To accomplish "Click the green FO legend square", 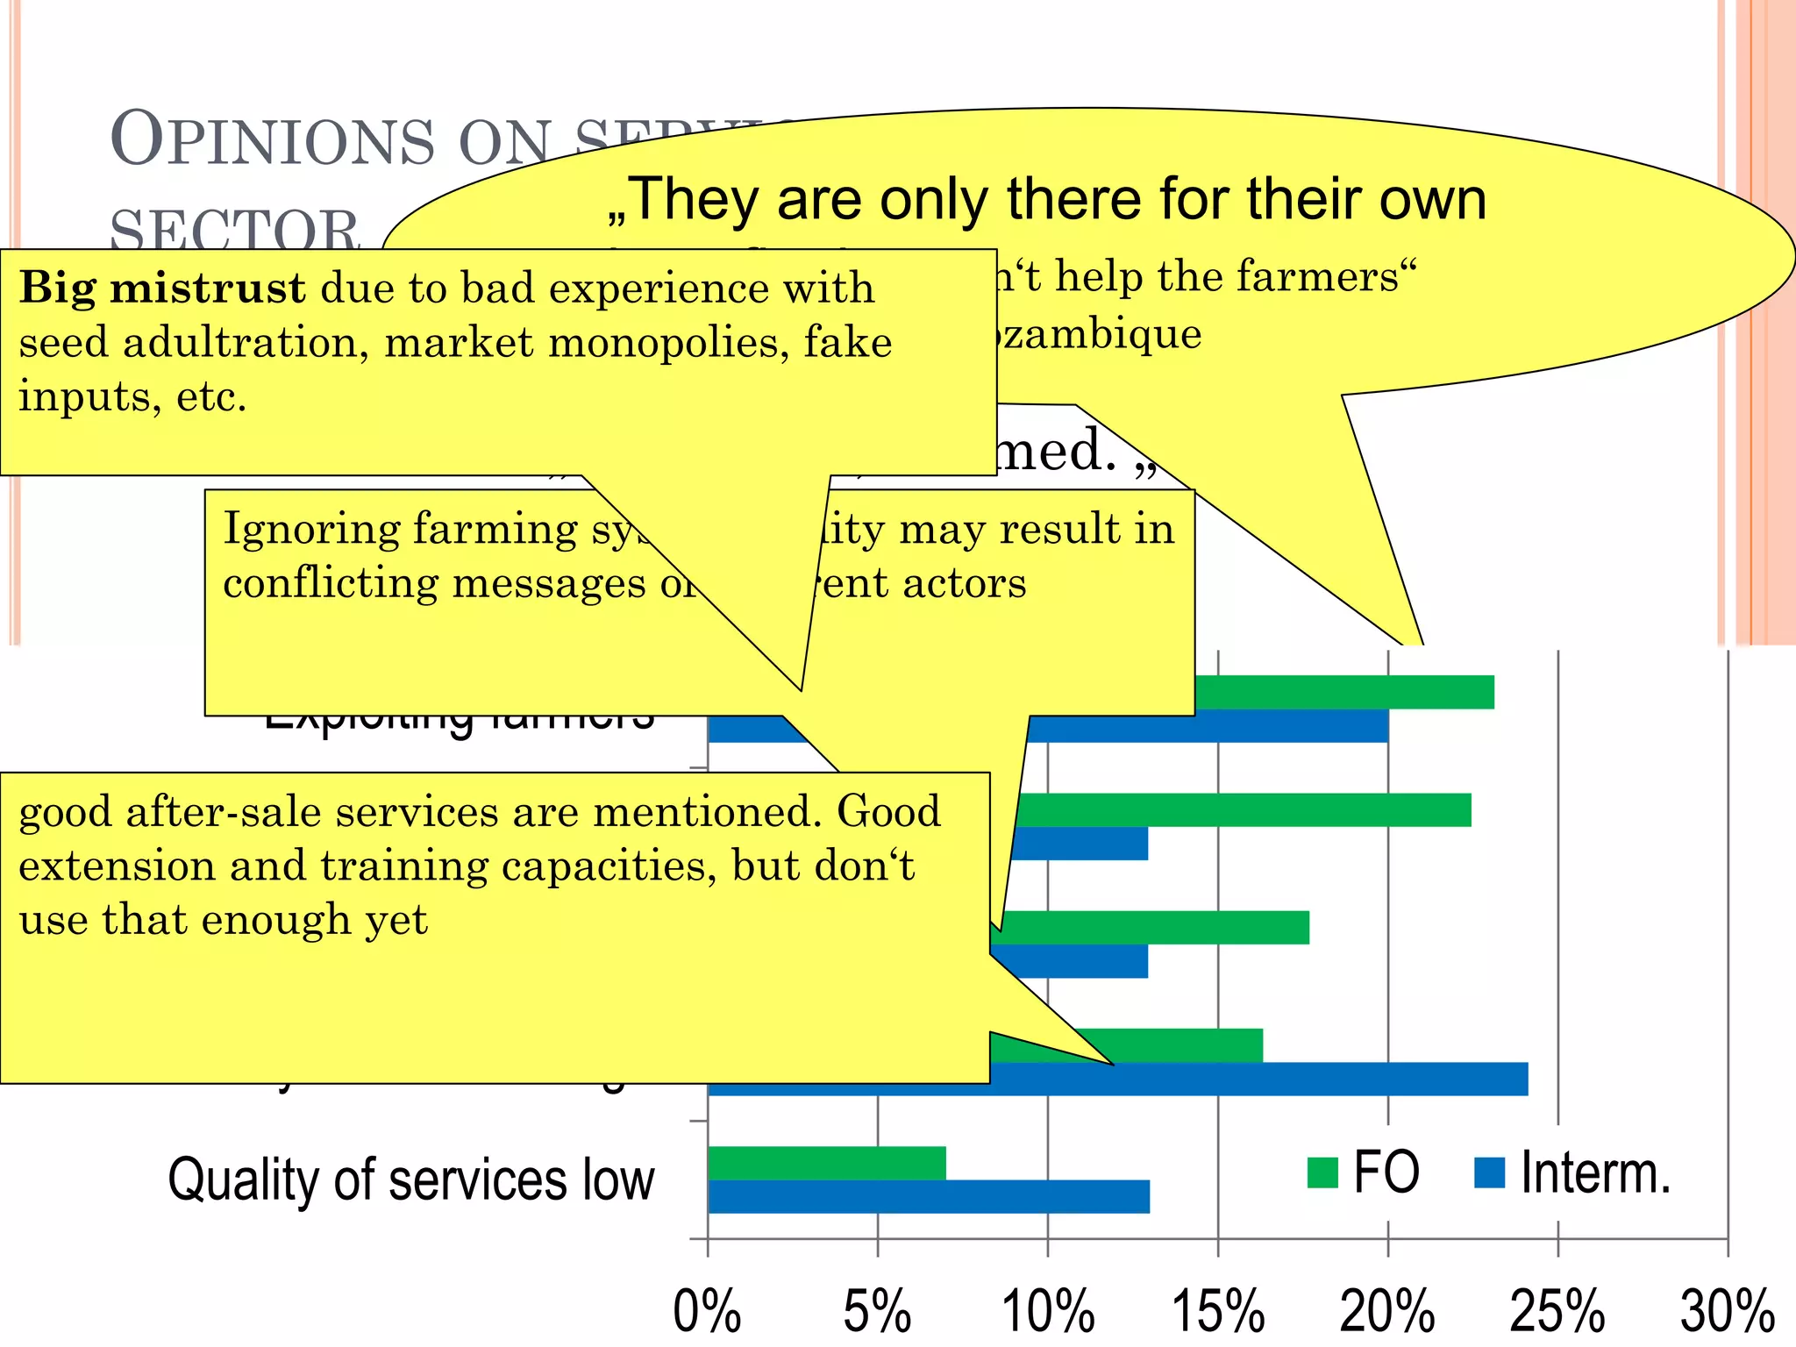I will click(x=1322, y=1172).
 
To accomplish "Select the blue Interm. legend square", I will click(x=1489, y=1172).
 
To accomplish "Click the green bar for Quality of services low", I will click(x=826, y=1163).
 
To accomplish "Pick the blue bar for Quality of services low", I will click(x=928, y=1197).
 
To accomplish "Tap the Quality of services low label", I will click(x=411, y=1180).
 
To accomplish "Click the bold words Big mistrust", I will click(x=162, y=288).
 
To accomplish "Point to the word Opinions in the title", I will click(x=272, y=140).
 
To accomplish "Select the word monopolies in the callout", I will click(x=658, y=342).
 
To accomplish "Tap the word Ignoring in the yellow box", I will click(x=312, y=529).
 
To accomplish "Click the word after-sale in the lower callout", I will click(x=224, y=811).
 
